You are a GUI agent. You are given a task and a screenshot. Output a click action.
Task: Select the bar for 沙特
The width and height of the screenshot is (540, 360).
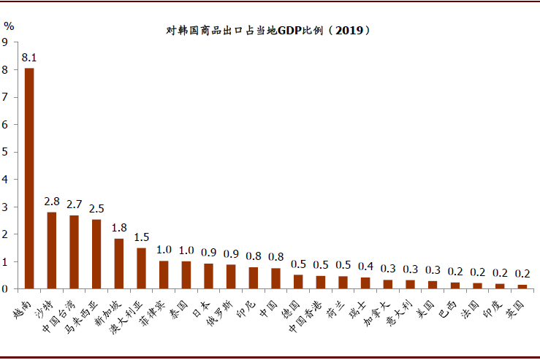pyautogui.click(x=52, y=250)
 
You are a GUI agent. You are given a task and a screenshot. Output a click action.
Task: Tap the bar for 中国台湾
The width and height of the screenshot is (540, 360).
pyautogui.click(x=74, y=252)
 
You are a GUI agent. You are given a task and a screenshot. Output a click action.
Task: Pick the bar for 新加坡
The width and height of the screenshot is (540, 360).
pyautogui.click(x=119, y=264)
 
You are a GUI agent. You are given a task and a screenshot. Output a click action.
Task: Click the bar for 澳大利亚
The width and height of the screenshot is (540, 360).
pyautogui.click(x=141, y=268)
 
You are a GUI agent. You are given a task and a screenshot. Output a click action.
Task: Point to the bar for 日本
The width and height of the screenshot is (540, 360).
pyautogui.click(x=208, y=276)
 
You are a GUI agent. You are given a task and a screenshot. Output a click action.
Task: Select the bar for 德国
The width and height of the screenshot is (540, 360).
pyautogui.click(x=298, y=281)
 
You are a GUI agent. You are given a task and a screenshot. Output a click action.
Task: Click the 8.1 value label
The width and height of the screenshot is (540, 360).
pyautogui.click(x=29, y=57)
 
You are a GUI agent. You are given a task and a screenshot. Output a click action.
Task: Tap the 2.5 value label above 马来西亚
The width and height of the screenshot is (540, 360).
pyautogui.click(x=96, y=208)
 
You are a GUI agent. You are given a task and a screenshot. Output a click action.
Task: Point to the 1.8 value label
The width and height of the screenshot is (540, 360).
pyautogui.click(x=119, y=227)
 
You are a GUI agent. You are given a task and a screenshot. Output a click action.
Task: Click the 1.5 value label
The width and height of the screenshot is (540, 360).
pyautogui.click(x=141, y=237)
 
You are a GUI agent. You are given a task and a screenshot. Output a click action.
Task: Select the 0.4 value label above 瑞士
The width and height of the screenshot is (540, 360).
pyautogui.click(x=365, y=266)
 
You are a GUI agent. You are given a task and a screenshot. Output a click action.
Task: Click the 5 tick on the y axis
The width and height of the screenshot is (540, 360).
pyautogui.click(x=5, y=152)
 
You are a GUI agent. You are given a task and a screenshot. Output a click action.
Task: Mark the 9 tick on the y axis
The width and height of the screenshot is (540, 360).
pyautogui.click(x=5, y=42)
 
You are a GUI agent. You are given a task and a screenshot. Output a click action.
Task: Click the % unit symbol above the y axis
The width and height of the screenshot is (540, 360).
pyautogui.click(x=9, y=25)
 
